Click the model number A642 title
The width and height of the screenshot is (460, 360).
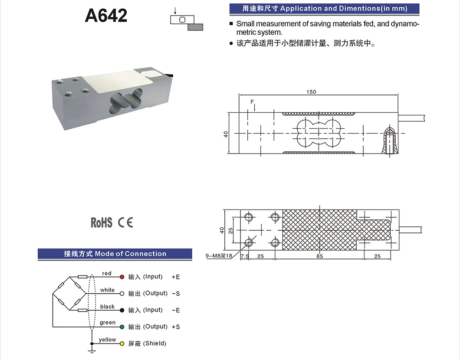tap(106, 16)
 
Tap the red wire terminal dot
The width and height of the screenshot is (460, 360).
tap(122, 277)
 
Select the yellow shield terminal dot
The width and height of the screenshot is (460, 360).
tap(122, 344)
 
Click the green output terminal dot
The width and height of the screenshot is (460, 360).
tap(122, 327)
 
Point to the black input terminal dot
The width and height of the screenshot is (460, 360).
tap(122, 310)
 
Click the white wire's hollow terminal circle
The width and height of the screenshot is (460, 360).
tap(122, 294)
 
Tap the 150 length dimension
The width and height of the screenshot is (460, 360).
tap(311, 92)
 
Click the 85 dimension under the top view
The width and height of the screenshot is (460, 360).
tap(319, 256)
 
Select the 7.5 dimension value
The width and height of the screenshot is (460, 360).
tap(245, 256)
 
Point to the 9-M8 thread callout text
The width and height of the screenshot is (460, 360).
tap(219, 255)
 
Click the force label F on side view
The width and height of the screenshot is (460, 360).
tap(252, 102)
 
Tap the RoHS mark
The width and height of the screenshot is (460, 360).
tap(101, 223)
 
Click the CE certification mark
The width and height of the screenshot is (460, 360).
tap(125, 223)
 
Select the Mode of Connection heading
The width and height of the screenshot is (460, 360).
tap(131, 254)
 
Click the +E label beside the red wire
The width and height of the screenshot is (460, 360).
tap(176, 277)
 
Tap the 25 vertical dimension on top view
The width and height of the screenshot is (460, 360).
tap(230, 231)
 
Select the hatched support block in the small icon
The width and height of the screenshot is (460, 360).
tap(195, 27)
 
